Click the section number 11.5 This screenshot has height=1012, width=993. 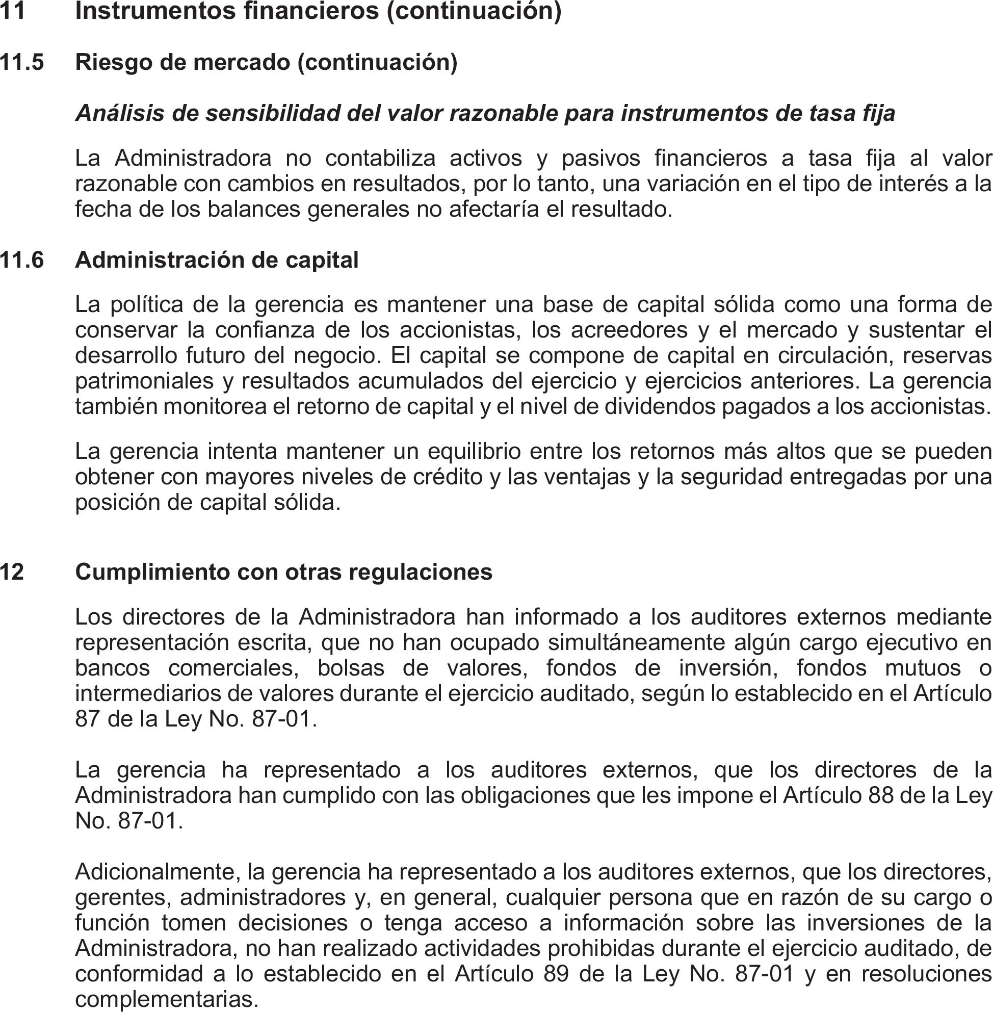coord(22,63)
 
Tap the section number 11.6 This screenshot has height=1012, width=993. coord(22,260)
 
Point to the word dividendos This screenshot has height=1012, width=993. coord(660,407)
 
